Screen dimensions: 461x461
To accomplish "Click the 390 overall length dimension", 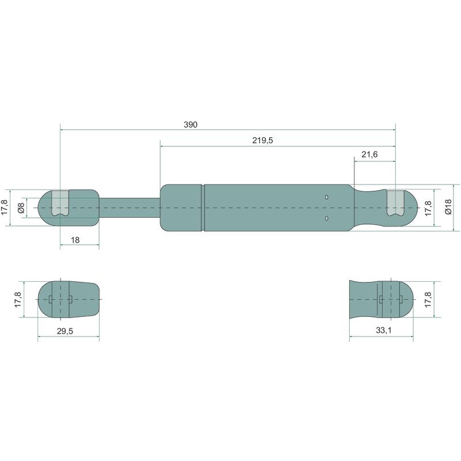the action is (191, 124).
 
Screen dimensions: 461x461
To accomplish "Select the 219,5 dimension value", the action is (263, 141).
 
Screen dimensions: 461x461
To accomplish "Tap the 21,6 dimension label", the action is (369, 154).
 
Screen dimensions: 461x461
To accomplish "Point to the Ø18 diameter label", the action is (448, 207).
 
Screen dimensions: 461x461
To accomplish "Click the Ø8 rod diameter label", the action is (21, 208).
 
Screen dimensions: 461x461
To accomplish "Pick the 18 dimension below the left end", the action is (75, 240).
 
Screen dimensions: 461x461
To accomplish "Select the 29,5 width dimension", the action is (65, 331).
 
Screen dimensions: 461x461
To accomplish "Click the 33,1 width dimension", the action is (384, 330).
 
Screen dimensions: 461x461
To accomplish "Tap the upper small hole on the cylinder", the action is (327, 197).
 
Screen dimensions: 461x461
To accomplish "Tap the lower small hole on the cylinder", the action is (327, 218).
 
